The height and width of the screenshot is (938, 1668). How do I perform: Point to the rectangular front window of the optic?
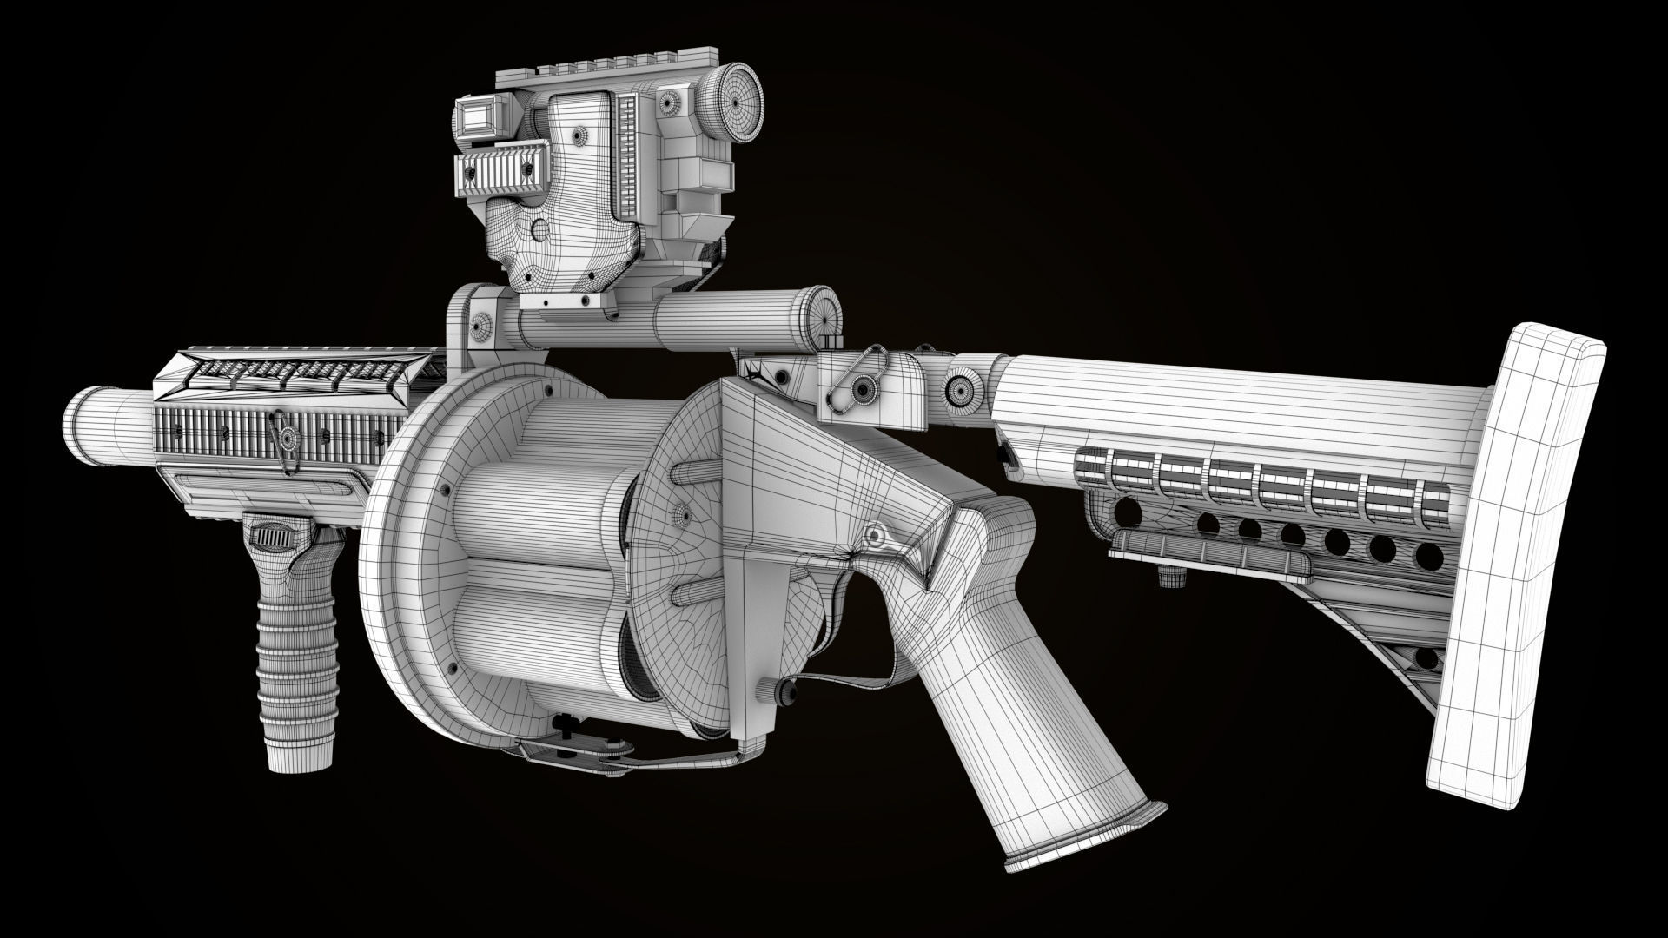point(477,117)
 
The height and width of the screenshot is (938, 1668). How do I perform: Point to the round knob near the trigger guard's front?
point(781,690)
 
